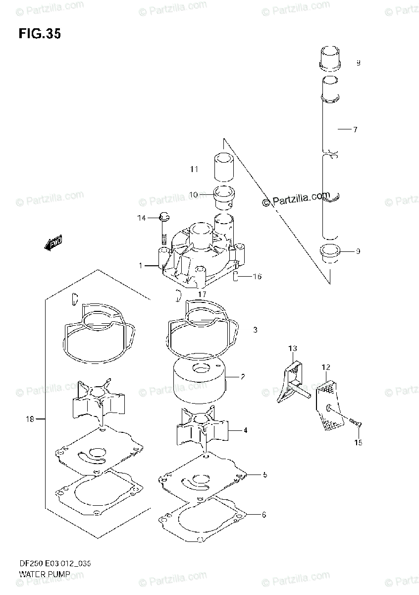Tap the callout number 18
pos(30,419)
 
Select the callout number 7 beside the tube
pos(355,130)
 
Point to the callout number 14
pos(142,218)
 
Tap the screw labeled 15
pos(355,421)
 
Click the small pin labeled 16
pos(237,277)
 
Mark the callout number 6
pos(263,515)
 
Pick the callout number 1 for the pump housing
pos(140,266)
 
